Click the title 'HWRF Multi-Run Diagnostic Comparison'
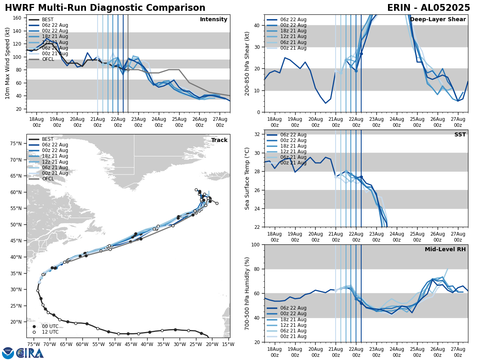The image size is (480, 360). click(x=105, y=8)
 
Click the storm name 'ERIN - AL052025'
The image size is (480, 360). click(x=428, y=8)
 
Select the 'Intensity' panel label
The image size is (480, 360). click(x=214, y=20)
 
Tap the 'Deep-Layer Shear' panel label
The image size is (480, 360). click(x=438, y=20)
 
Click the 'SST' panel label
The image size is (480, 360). click(x=460, y=135)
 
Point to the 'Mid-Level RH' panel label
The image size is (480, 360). click(x=445, y=250)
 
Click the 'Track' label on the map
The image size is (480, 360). click(x=219, y=140)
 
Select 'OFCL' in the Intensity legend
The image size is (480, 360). click(x=48, y=59)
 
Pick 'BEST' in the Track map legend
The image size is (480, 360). click(x=48, y=139)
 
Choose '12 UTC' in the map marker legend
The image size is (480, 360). click(x=50, y=332)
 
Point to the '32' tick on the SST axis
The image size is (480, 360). click(x=258, y=134)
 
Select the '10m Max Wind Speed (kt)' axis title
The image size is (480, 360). click(x=8, y=63)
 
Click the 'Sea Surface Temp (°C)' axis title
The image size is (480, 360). click(x=247, y=178)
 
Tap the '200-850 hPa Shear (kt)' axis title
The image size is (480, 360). click(x=247, y=63)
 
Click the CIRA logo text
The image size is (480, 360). click(x=30, y=353)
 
